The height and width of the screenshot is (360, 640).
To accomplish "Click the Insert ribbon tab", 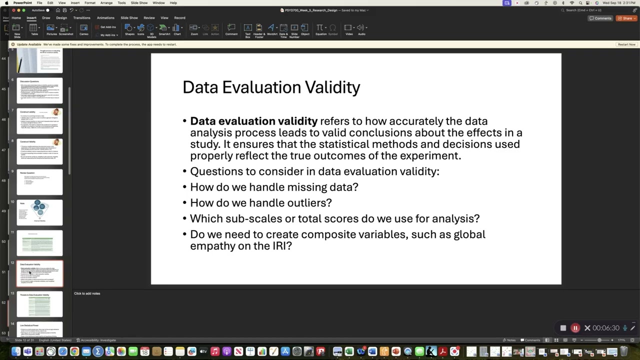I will coord(31,18).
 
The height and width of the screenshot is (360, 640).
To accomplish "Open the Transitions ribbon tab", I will coord(81,18).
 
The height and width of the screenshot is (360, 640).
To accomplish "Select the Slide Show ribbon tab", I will coord(129,18).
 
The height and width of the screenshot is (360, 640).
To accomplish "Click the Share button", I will coord(626,18).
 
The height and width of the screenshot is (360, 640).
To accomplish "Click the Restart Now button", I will coord(626,44).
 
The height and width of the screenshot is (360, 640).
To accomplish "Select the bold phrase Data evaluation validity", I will coord(253,121).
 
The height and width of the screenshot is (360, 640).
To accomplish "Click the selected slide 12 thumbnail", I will coord(40,273).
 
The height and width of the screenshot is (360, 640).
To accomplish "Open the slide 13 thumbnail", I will coord(40,304).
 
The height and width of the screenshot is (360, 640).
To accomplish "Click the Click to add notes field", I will coord(87,293).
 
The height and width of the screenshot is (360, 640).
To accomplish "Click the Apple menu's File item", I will coord(39,3).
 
